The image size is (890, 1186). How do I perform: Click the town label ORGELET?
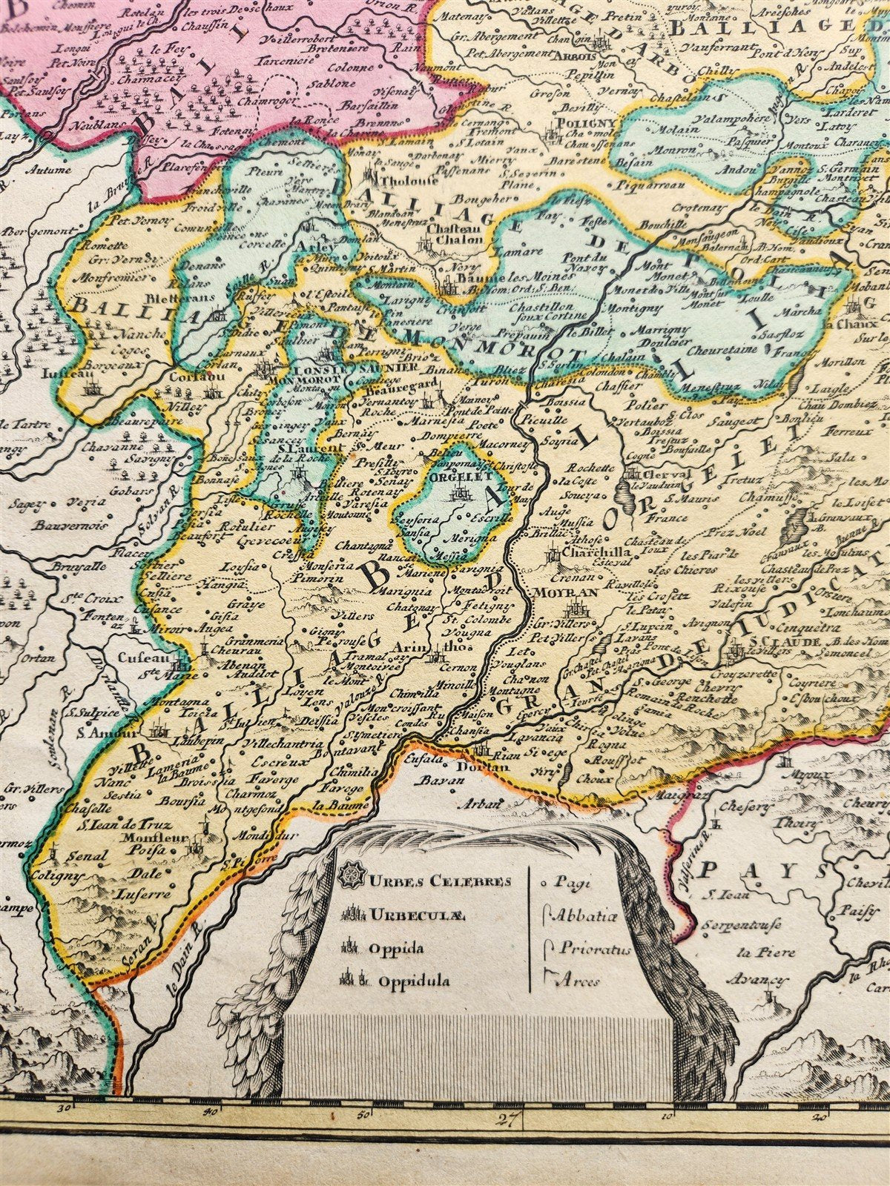[455, 479]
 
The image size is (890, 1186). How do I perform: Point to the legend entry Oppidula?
[415, 981]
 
